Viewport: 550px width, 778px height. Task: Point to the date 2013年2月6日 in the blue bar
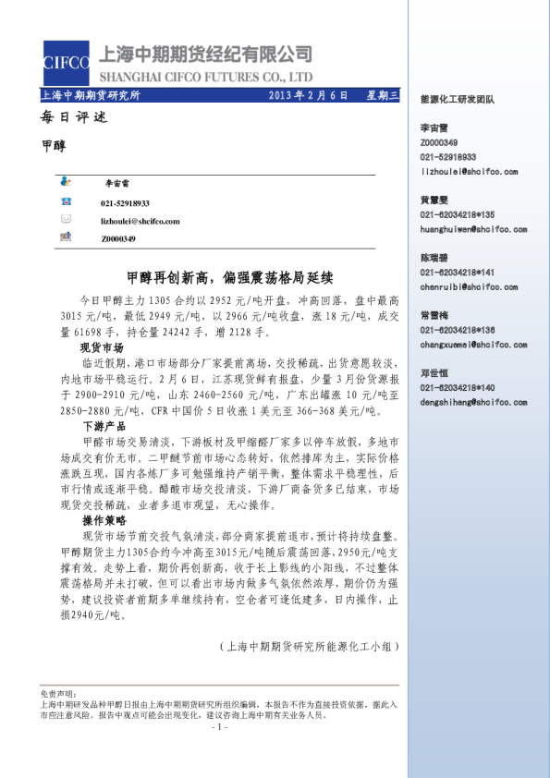pyautogui.click(x=308, y=95)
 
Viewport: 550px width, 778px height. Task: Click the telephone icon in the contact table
pyautogui.click(x=66, y=201)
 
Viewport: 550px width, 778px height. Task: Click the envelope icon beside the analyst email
pyautogui.click(x=66, y=219)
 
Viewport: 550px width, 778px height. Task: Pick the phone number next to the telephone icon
pyautogui.click(x=125, y=202)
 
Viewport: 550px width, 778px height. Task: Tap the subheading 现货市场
pyautogui.click(x=103, y=348)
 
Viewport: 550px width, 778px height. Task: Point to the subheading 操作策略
pyautogui.click(x=103, y=521)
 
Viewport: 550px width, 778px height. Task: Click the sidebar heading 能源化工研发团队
pyautogui.click(x=457, y=97)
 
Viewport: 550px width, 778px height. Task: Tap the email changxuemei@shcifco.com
pyautogui.click(x=469, y=344)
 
